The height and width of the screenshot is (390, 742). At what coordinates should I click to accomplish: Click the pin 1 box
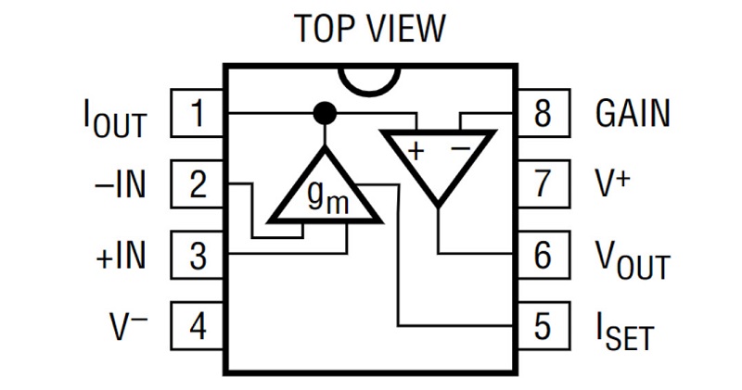(198, 115)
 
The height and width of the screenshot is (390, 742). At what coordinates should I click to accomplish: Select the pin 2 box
(198, 184)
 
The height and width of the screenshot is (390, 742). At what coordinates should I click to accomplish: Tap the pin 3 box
(198, 255)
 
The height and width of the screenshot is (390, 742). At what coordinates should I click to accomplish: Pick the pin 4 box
(198, 325)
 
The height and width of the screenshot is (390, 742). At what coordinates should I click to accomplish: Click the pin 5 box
(543, 325)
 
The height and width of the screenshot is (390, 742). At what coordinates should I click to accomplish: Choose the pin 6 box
(543, 255)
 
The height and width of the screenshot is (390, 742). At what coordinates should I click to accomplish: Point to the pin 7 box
(543, 184)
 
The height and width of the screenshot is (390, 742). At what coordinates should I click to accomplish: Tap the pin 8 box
(543, 115)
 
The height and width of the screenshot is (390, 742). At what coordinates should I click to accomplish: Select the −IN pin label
(121, 184)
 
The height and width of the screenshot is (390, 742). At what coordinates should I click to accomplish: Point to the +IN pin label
(121, 255)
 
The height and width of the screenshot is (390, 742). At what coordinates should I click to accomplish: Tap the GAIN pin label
(632, 114)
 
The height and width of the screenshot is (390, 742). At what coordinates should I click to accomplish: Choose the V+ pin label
(613, 183)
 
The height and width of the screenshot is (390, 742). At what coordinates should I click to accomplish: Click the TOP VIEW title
(370, 29)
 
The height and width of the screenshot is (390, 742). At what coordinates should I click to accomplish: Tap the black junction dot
(324, 114)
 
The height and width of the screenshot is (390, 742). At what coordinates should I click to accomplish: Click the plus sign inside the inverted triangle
(416, 150)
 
